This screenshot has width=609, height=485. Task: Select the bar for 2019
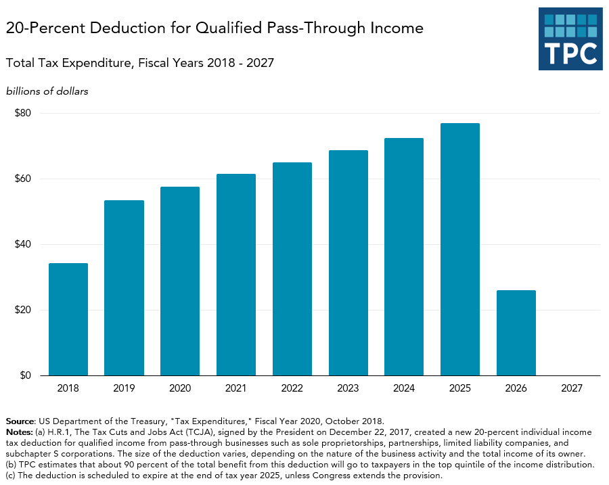click(124, 287)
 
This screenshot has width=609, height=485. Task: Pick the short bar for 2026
click(516, 333)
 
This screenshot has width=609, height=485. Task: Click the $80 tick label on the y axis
click(23, 113)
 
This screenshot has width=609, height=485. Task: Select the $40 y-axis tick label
click(23, 244)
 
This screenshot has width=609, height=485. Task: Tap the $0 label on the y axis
click(26, 375)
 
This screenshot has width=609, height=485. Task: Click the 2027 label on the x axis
click(572, 389)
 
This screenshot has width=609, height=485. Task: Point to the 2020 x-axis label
click(180, 389)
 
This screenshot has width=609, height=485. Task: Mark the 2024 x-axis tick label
click(404, 389)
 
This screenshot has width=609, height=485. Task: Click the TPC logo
click(570, 39)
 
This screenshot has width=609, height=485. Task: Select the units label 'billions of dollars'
click(47, 91)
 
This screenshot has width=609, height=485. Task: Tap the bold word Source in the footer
click(20, 421)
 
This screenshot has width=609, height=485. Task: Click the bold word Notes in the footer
click(18, 432)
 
